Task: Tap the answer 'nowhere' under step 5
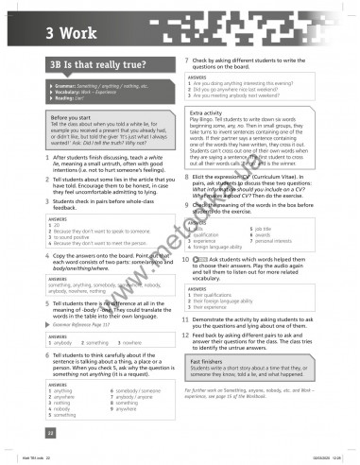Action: [120, 341]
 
